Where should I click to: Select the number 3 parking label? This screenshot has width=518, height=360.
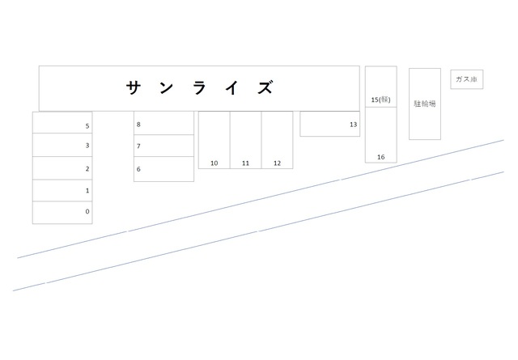[87, 146]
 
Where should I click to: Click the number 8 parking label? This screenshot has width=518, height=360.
[138, 125]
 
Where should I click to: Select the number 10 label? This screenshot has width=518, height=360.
[214, 163]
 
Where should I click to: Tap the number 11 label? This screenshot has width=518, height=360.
[245, 163]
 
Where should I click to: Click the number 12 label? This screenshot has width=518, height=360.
[277, 163]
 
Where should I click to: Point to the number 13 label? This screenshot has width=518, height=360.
[354, 125]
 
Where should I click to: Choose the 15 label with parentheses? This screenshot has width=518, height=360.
[381, 100]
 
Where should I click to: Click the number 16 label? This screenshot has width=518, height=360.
[381, 157]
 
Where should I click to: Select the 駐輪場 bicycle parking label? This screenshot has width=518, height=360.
[425, 104]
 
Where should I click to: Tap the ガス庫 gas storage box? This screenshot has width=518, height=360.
[467, 79]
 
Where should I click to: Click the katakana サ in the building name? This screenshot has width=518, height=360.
[134, 88]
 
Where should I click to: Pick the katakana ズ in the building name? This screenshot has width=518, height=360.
[265, 88]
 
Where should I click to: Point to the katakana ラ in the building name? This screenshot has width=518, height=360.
[200, 88]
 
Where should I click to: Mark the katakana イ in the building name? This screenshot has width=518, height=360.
[232, 88]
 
